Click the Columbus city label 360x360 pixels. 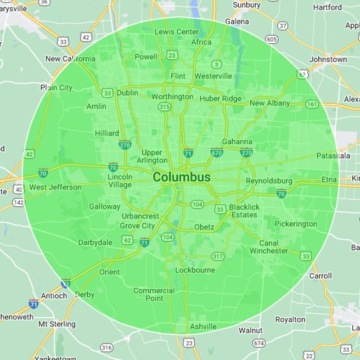(x=182, y=177)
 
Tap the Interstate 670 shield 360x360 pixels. (x=217, y=153)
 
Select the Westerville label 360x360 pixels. (x=213, y=76)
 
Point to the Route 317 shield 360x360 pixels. (x=218, y=256)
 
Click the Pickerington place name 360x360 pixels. (x=296, y=224)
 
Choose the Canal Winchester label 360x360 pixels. (x=268, y=247)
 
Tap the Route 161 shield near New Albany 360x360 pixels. (x=312, y=104)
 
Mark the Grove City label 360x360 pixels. (x=137, y=226)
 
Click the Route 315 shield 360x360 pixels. (x=164, y=107)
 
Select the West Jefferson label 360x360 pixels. (x=55, y=187)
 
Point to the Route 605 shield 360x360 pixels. (x=271, y=39)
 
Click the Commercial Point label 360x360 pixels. (x=154, y=295)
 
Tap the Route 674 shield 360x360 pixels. (x=259, y=343)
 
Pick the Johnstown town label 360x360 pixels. (x=328, y=59)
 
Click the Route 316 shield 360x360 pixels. (x=106, y=347)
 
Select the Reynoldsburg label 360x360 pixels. (x=269, y=181)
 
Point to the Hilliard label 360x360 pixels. (x=106, y=133)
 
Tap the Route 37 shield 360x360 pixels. (x=283, y=26)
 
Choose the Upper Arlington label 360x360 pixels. (x=152, y=156)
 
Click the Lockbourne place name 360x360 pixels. (x=195, y=270)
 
